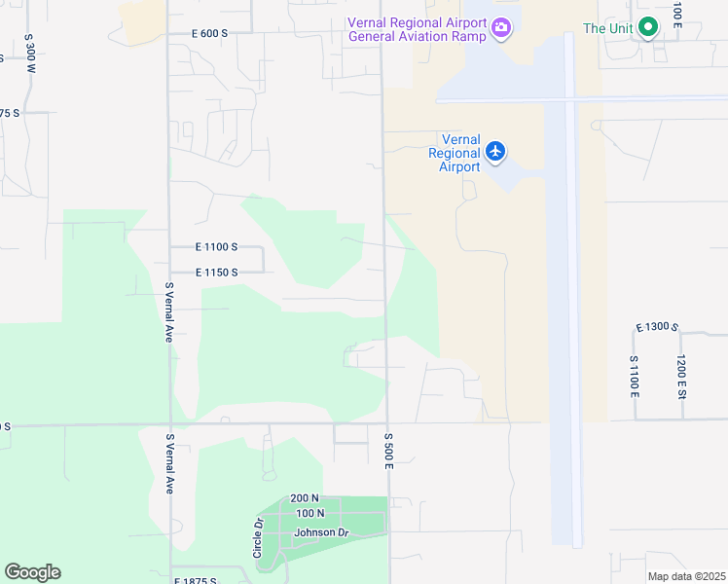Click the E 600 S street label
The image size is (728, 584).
tap(209, 33)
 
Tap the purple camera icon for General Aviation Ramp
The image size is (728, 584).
tap(501, 27)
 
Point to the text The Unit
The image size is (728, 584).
tap(608, 28)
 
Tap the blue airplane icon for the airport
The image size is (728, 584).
tap(496, 150)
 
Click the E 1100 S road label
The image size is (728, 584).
tap(216, 248)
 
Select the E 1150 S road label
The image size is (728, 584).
tap(216, 273)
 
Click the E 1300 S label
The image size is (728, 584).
tap(656, 327)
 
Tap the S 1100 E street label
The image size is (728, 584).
tap(634, 377)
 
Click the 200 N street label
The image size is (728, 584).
tap(305, 498)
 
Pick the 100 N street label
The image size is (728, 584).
tap(309, 513)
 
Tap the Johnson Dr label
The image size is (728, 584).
tap(321, 532)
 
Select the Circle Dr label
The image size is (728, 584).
tap(259, 537)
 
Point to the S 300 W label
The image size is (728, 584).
tap(30, 55)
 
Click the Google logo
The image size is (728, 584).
tap(32, 572)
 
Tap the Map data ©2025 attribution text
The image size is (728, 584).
tap(685, 576)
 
